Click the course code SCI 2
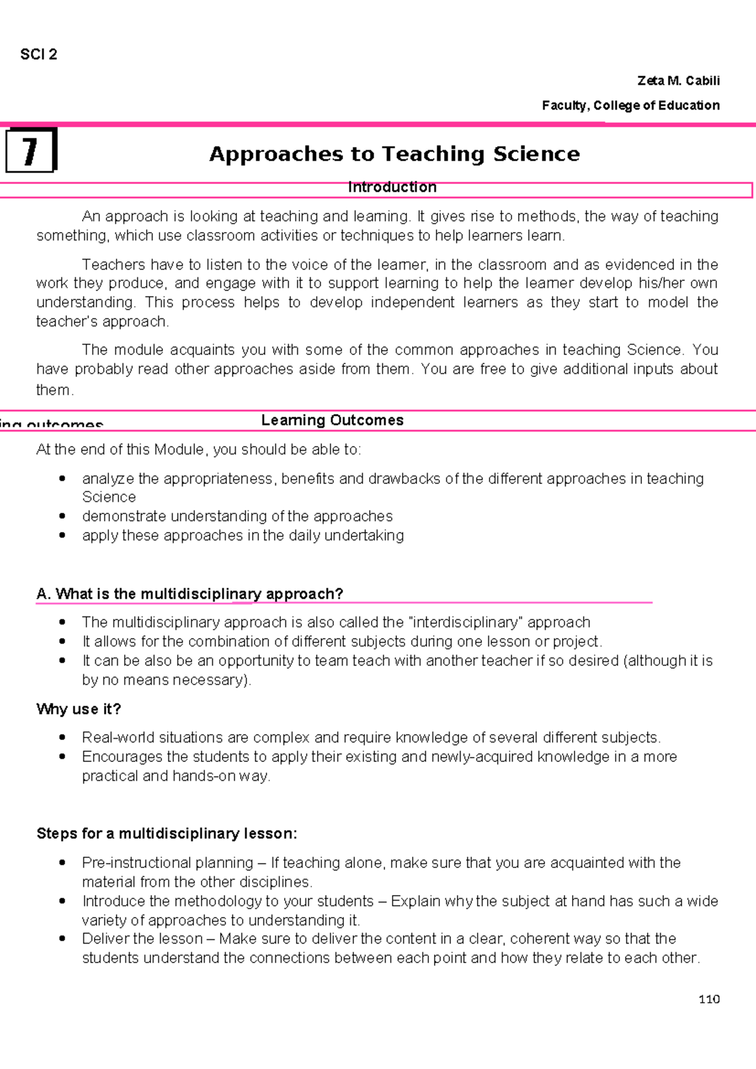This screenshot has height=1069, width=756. tap(38, 55)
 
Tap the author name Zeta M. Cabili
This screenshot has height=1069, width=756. tap(678, 81)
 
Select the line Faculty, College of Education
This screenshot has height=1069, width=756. tap(630, 105)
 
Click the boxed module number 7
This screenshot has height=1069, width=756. tap(30, 151)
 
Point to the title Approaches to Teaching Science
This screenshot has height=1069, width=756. tap(394, 154)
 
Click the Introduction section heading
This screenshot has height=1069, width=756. tap(392, 187)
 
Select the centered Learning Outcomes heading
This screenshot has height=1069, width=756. tap(332, 420)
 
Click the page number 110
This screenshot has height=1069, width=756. tap(709, 999)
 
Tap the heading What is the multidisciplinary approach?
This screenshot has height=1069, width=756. tap(190, 594)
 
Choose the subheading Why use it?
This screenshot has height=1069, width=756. tap(79, 709)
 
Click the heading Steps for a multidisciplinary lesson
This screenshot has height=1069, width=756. tap(167, 833)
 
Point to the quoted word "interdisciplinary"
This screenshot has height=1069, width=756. tap(466, 622)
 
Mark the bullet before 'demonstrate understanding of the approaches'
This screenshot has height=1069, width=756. tap(62, 516)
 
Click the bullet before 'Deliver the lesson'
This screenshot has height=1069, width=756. tap(62, 939)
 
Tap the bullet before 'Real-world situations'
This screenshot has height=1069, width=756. tap(62, 737)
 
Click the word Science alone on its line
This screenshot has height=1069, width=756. tap(109, 497)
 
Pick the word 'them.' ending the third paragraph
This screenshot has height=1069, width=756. tap(55, 390)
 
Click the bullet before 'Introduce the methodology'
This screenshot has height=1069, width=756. tap(62, 901)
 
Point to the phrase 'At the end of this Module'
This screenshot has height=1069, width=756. tap(120, 449)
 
